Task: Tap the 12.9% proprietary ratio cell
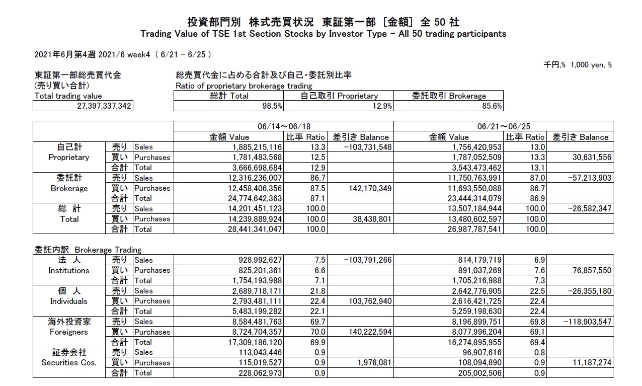pyautogui.click(x=380, y=106)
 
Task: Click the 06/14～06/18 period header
pyautogui.click(x=283, y=126)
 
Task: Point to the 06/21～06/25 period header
pyautogui.click(x=503, y=126)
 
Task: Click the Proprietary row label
pyautogui.click(x=69, y=157)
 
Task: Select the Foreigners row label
pyautogui.click(x=69, y=332)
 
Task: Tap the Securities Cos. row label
pyautogui.click(x=69, y=363)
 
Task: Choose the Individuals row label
pyautogui.click(x=69, y=301)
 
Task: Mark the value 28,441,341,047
pyautogui.click(x=251, y=229)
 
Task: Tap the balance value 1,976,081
pyautogui.click(x=372, y=363)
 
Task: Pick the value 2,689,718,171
pyautogui.click(x=251, y=291)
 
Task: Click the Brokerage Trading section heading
pyautogui.click(x=88, y=250)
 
